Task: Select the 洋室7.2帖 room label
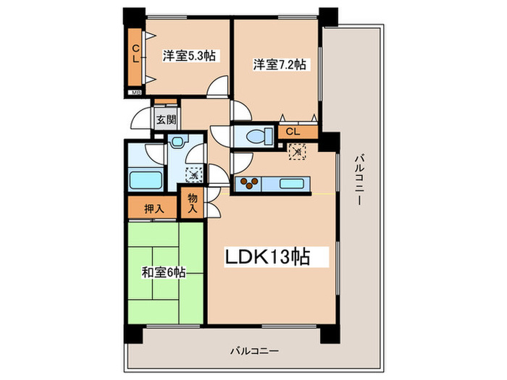279,64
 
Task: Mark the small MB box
135,93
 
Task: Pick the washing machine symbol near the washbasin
193,174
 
